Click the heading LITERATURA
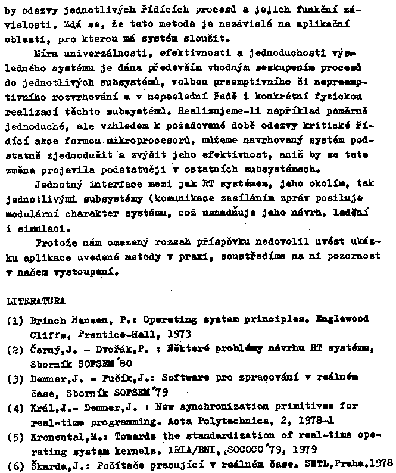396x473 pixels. click(35, 301)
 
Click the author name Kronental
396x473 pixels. click(57, 437)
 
